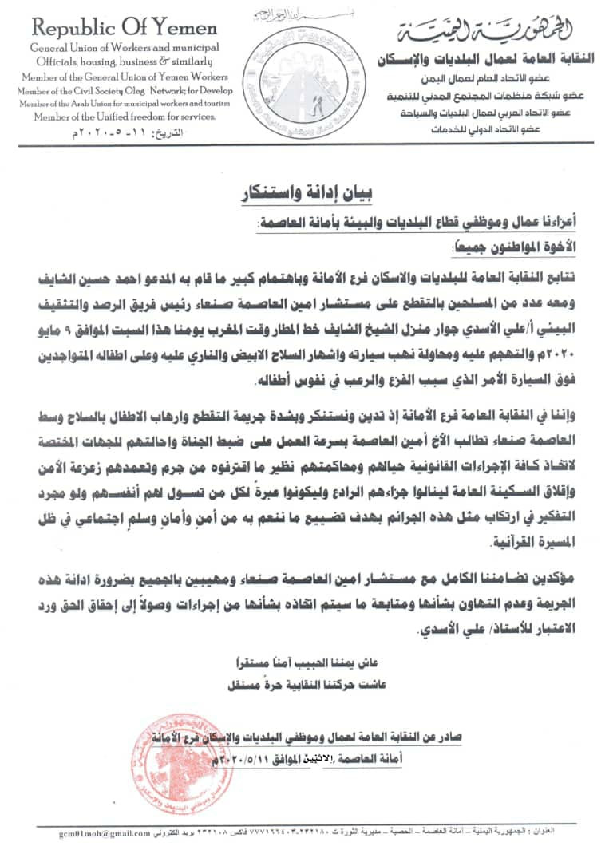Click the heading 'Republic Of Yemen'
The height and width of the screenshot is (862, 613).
point(124,27)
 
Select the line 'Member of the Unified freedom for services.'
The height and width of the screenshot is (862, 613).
point(125,117)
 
